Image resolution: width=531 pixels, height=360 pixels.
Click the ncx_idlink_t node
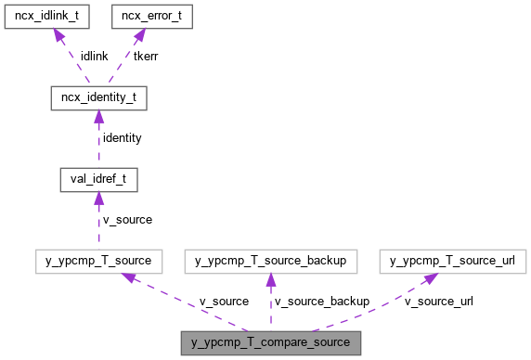click(45, 17)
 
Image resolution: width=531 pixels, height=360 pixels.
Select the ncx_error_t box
click(151, 17)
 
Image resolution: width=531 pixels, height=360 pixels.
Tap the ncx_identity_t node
click(98, 96)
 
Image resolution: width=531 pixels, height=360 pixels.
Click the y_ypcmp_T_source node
click(98, 261)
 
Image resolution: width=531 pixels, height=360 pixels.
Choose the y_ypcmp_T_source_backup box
click(270, 261)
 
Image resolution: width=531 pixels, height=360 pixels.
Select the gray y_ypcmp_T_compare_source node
click(270, 342)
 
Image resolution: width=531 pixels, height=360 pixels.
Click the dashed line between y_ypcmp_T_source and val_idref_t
click(98, 223)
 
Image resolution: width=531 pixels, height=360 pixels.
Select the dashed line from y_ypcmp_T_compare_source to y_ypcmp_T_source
click(186, 303)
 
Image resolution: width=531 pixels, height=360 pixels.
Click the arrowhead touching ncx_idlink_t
click(58, 35)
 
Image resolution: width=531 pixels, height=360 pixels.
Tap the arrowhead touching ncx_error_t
click(139, 35)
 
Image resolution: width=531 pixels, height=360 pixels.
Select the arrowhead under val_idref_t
click(98, 198)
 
